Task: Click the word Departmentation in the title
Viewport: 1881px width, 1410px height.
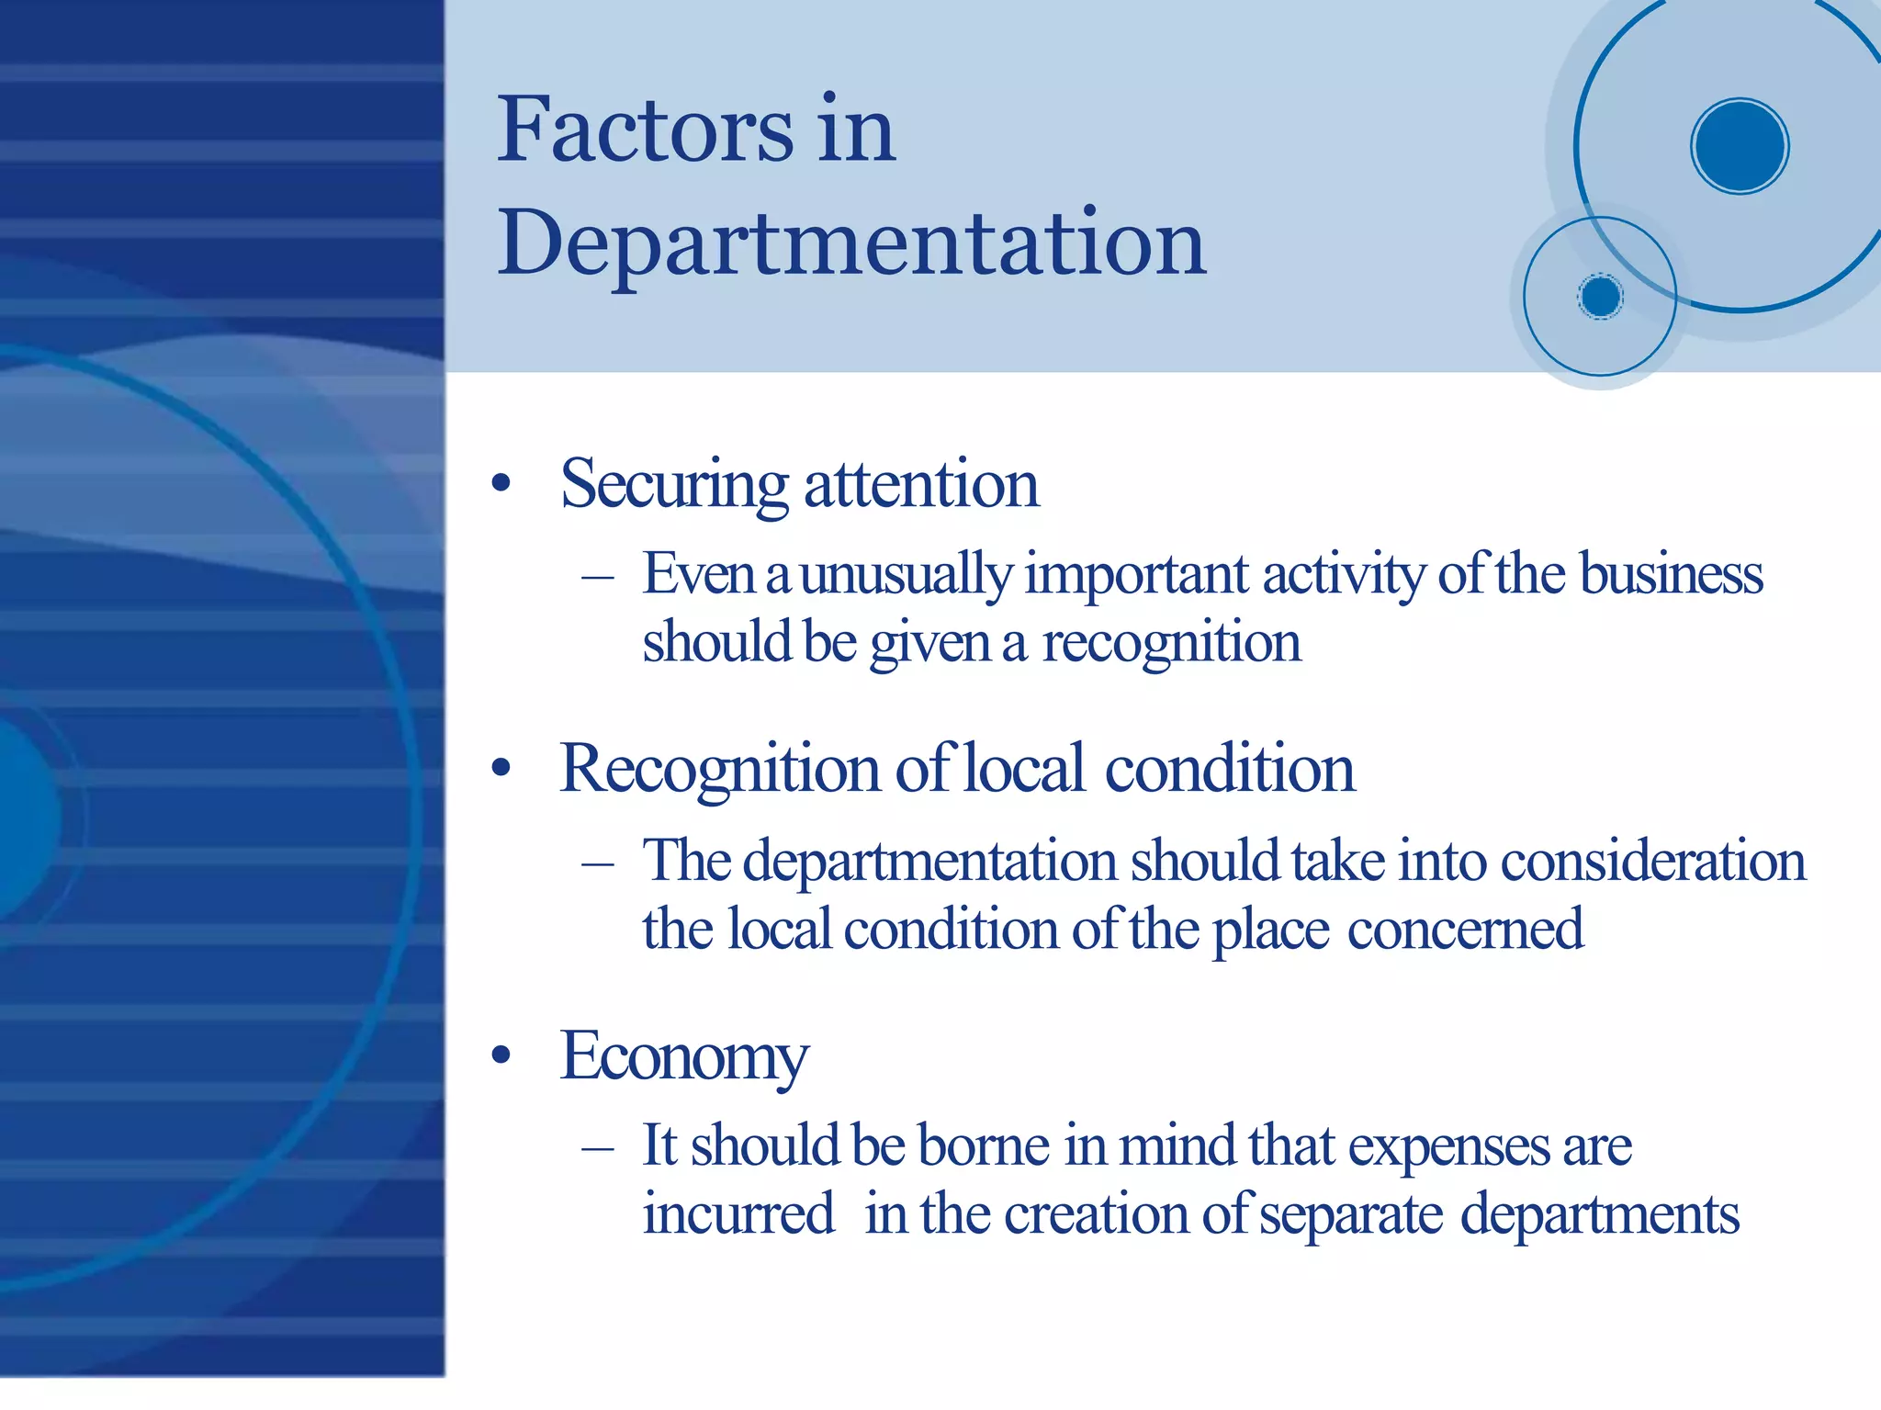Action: tap(851, 243)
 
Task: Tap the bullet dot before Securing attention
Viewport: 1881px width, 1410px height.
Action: tap(501, 483)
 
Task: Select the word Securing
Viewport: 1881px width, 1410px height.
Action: tap(673, 485)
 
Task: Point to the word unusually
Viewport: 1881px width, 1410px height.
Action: tap(906, 576)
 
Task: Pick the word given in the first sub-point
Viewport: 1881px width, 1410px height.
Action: tap(929, 643)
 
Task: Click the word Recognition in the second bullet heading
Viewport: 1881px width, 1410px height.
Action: tap(720, 770)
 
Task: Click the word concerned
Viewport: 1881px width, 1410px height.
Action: tap(1465, 930)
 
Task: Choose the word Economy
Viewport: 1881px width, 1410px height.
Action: tap(684, 1057)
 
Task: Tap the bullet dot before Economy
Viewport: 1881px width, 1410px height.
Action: tap(501, 1055)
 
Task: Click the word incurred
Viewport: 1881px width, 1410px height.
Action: tap(738, 1214)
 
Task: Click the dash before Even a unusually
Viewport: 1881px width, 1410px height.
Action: tap(598, 577)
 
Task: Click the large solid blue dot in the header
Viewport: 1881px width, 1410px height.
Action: tap(1739, 146)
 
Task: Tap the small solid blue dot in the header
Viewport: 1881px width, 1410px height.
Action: tap(1600, 297)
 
